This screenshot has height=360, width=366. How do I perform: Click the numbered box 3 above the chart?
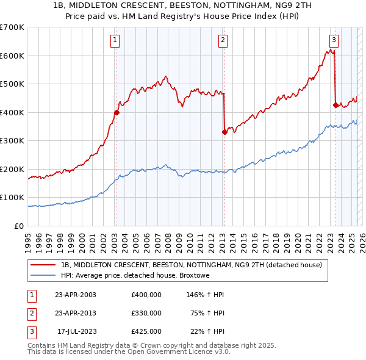334,40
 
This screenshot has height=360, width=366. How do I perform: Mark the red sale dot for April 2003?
117,112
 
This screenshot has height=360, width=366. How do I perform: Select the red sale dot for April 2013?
224,132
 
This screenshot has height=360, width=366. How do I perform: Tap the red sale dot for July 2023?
335,105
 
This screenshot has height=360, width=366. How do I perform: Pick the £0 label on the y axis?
20,226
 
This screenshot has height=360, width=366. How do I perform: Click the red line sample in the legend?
44,265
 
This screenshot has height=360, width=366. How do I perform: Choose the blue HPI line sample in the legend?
44,275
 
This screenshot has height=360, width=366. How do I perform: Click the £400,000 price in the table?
146,295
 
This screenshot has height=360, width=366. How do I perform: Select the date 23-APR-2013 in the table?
76,313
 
